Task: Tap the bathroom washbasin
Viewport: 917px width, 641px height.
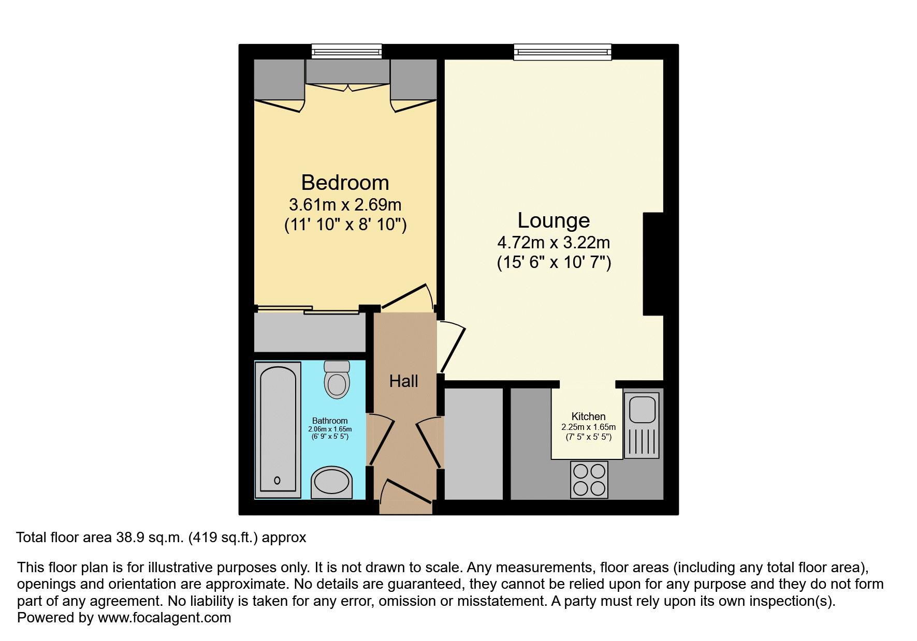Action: [332, 483]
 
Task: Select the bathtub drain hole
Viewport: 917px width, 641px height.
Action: [277, 481]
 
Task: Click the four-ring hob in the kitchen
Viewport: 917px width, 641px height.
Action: [589, 480]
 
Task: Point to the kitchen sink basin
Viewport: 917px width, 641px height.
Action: [642, 409]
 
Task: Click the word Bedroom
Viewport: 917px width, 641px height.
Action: [345, 183]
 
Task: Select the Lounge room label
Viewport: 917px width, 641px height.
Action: [554, 220]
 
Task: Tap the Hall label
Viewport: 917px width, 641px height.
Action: [403, 381]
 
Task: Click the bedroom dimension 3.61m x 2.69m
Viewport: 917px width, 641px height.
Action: [345, 205]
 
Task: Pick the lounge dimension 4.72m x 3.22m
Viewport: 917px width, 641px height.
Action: [554, 242]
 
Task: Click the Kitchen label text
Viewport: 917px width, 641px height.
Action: [588, 416]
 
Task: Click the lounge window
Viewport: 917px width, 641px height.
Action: [562, 51]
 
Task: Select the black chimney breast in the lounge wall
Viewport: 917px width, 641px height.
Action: [653, 263]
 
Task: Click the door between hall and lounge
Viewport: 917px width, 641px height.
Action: [452, 347]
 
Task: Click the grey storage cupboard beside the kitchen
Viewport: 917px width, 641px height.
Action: [474, 443]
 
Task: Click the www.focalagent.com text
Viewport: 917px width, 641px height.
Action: [164, 618]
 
